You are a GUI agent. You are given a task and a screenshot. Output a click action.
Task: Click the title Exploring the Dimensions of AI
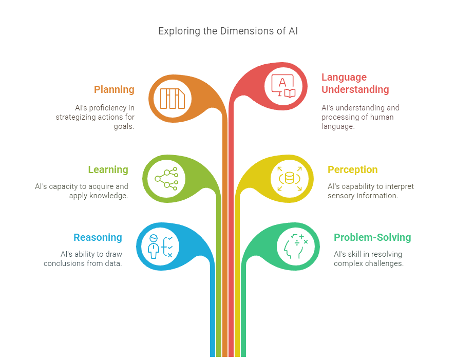(x=227, y=31)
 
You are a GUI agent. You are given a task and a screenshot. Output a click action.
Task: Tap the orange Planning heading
(x=114, y=89)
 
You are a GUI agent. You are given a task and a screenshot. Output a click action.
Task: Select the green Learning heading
(x=108, y=169)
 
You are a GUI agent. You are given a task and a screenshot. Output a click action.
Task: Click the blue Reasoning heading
(x=98, y=237)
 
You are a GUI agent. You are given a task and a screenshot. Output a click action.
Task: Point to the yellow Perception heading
(x=352, y=169)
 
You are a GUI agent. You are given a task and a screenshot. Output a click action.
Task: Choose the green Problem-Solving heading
(x=372, y=237)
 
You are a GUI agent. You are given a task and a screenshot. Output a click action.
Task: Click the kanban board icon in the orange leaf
(x=172, y=98)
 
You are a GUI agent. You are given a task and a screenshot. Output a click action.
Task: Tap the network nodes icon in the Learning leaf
(x=166, y=178)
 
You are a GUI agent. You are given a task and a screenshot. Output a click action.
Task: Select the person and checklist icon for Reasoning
(x=160, y=245)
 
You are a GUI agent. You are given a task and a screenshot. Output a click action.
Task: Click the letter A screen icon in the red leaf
(x=283, y=86)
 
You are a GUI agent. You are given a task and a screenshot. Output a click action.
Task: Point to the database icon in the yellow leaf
(x=290, y=178)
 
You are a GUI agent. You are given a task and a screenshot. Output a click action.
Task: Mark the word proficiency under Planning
(x=110, y=108)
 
